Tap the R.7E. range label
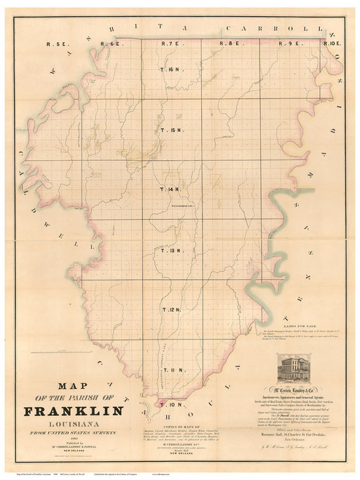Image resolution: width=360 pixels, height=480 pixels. [170, 44]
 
